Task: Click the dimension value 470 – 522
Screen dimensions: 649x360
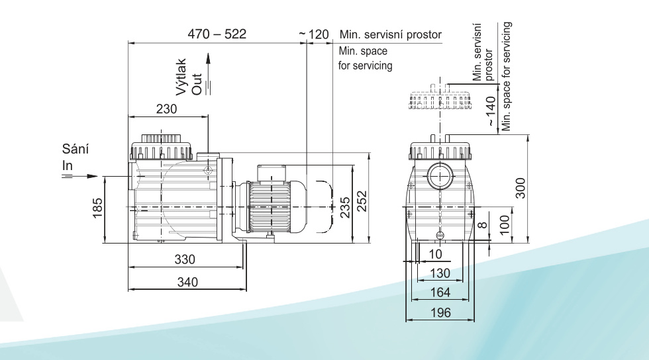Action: pos(217,34)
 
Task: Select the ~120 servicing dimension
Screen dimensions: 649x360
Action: pos(314,34)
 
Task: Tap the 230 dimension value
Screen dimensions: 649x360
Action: pos(166,109)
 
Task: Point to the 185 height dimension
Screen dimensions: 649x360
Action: pos(97,208)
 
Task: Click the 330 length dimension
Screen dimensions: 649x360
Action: pos(185,259)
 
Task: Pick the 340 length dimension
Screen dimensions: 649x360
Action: pos(187,282)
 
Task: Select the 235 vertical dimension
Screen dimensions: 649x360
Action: pos(345,207)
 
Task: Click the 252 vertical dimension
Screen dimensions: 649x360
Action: pos(362,201)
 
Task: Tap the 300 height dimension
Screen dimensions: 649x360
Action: pos(521,189)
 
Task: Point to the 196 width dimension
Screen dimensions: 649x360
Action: pos(440,313)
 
